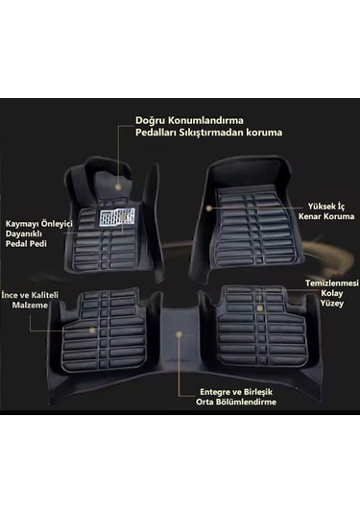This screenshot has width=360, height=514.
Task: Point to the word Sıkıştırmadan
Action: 220,135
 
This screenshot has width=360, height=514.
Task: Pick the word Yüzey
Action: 332,310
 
